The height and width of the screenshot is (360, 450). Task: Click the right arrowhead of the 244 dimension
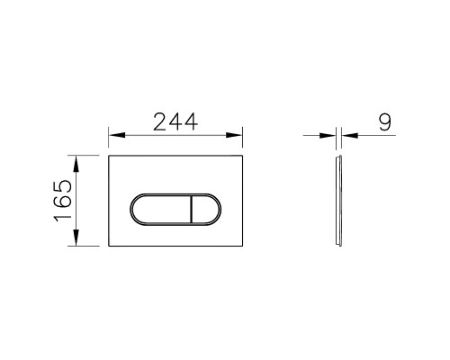tap(240, 137)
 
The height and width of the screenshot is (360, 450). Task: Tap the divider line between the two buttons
tap(192, 211)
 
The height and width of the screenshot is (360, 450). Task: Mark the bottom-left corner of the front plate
tap(110, 247)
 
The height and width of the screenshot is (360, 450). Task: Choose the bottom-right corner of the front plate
tap(245, 247)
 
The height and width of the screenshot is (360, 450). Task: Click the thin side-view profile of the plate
tap(338, 202)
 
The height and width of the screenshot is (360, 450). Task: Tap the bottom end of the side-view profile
tap(338, 247)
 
